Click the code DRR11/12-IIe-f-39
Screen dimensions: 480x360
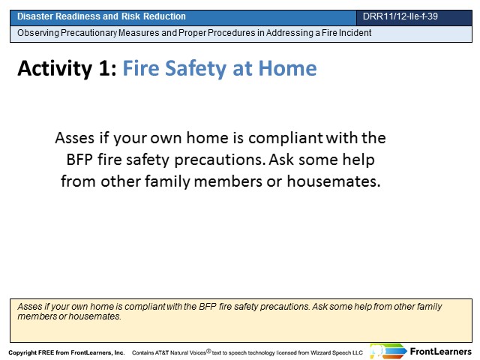coord(400,16)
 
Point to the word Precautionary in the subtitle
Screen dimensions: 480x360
coord(88,33)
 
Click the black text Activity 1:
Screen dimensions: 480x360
coord(67,68)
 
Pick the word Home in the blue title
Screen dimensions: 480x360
coord(287,68)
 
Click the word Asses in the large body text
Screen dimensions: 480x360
coord(75,138)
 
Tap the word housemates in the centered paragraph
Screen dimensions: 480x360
coord(334,181)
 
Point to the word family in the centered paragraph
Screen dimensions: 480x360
coord(167,181)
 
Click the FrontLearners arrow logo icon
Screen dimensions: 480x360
coord(388,351)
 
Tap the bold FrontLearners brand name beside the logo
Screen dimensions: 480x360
coord(441,352)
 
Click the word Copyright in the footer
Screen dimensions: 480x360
coord(22,352)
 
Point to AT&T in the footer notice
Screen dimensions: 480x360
coord(162,352)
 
